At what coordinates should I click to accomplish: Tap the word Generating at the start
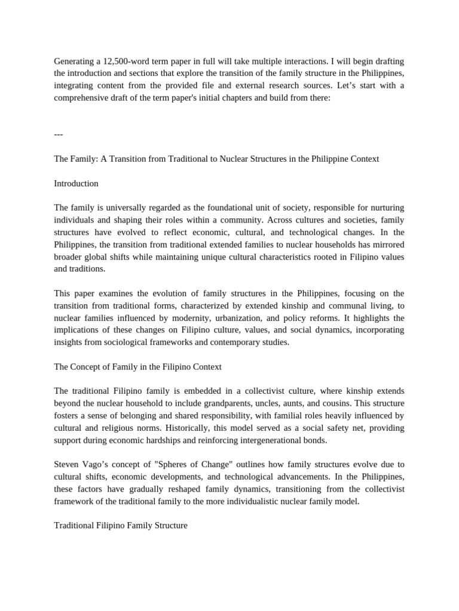[75, 61]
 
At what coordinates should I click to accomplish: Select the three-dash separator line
[59, 134]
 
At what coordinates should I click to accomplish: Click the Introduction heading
[76, 183]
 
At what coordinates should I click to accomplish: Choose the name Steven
[68, 464]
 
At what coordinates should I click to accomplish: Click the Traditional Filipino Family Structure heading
[121, 526]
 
